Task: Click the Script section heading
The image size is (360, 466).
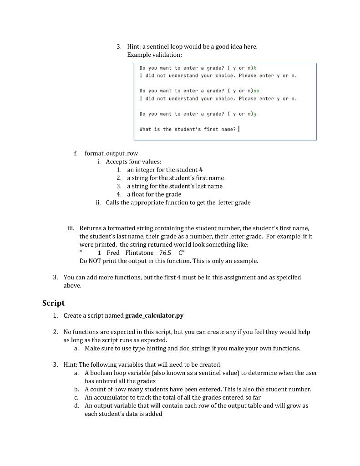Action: pyautogui.click(x=53, y=303)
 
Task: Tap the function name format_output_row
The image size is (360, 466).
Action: pyautogui.click(x=111, y=153)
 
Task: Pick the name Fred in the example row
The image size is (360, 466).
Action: pyautogui.click(x=113, y=253)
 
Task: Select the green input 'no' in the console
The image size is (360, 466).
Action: pyautogui.click(x=257, y=91)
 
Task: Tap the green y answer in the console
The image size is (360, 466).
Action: pyautogui.click(x=255, y=114)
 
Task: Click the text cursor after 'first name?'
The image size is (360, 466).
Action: pyautogui.click(x=239, y=129)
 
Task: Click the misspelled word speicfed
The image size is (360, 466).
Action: pyautogui.click(x=289, y=277)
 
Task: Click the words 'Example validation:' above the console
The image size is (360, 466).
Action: pyautogui.click(x=154, y=55)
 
